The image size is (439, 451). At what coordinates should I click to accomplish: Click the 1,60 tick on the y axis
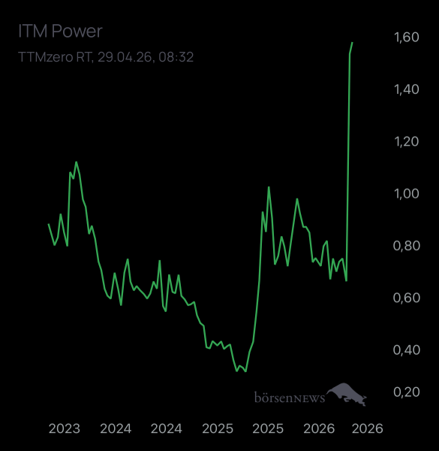pyautogui.click(x=406, y=38)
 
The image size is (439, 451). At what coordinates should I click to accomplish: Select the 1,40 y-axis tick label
pyautogui.click(x=406, y=89)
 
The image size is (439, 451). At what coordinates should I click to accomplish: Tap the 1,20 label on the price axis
pyautogui.click(x=406, y=141)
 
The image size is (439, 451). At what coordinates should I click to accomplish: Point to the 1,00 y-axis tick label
pyautogui.click(x=406, y=193)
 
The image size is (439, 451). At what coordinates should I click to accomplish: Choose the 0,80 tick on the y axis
pyautogui.click(x=406, y=246)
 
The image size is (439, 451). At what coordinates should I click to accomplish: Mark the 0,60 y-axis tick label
pyautogui.click(x=406, y=298)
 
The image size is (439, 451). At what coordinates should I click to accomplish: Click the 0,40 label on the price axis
pyautogui.click(x=406, y=350)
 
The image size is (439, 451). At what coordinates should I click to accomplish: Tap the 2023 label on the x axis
pyautogui.click(x=65, y=428)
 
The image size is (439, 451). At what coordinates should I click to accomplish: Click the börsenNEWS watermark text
pyautogui.click(x=290, y=396)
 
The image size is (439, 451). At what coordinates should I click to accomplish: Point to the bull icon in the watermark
pyautogui.click(x=347, y=393)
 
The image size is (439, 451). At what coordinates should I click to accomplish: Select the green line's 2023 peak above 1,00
pyautogui.click(x=76, y=162)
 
